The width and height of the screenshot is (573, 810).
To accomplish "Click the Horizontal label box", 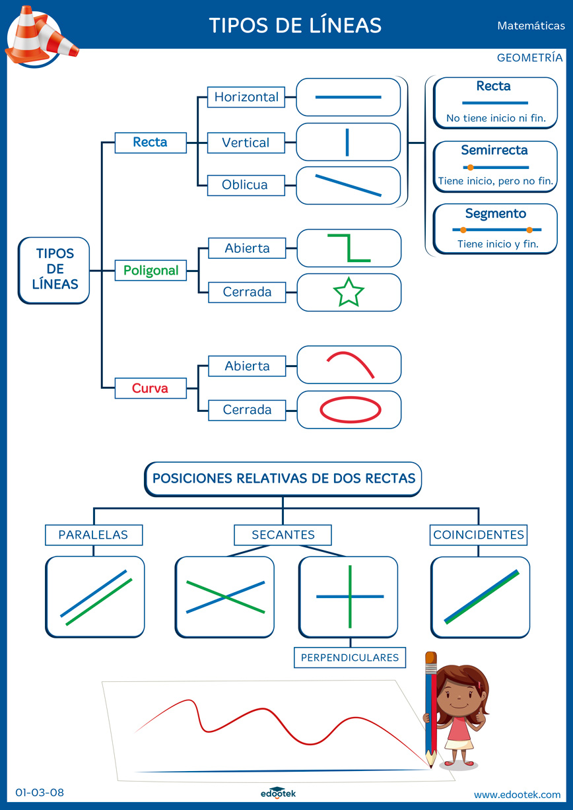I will click(246, 97).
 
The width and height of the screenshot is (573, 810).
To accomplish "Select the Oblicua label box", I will click(245, 185).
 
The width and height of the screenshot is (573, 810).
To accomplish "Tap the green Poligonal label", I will click(151, 270).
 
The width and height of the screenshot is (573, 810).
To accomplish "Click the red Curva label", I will click(151, 388).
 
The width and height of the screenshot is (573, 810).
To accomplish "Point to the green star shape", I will click(349, 292).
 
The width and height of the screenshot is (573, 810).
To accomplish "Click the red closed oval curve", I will click(350, 409).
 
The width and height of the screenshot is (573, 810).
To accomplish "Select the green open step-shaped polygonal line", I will click(349, 248).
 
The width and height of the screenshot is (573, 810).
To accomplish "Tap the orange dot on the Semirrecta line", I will click(470, 168).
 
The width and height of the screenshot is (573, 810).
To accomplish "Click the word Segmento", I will click(495, 213).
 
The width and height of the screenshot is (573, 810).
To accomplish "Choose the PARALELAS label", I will click(93, 535).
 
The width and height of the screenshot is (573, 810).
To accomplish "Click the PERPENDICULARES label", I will click(350, 658).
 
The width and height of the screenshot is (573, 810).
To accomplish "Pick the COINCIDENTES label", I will click(479, 535).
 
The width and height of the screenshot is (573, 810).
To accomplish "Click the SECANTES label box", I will click(283, 535).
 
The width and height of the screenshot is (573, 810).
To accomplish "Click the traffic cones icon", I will click(40, 34).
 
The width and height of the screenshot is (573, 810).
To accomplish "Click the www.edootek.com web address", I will click(517, 794).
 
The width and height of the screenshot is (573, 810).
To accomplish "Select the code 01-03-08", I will click(40, 793).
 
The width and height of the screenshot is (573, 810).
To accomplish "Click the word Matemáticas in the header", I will click(531, 26).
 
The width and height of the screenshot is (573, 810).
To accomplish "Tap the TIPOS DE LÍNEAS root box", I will click(54, 269).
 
